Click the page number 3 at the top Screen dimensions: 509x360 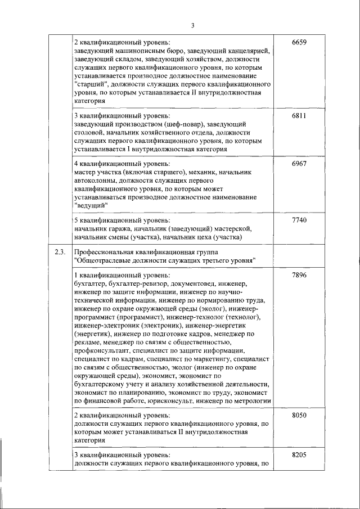[192, 25]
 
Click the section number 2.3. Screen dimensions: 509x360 [60, 251]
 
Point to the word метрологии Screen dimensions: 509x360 [251, 401]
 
